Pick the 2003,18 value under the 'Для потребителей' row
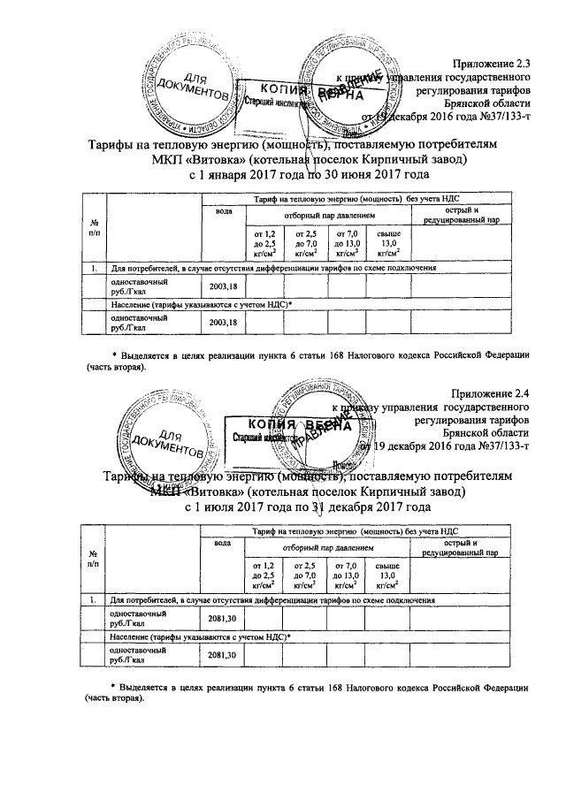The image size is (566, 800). click(x=223, y=286)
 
